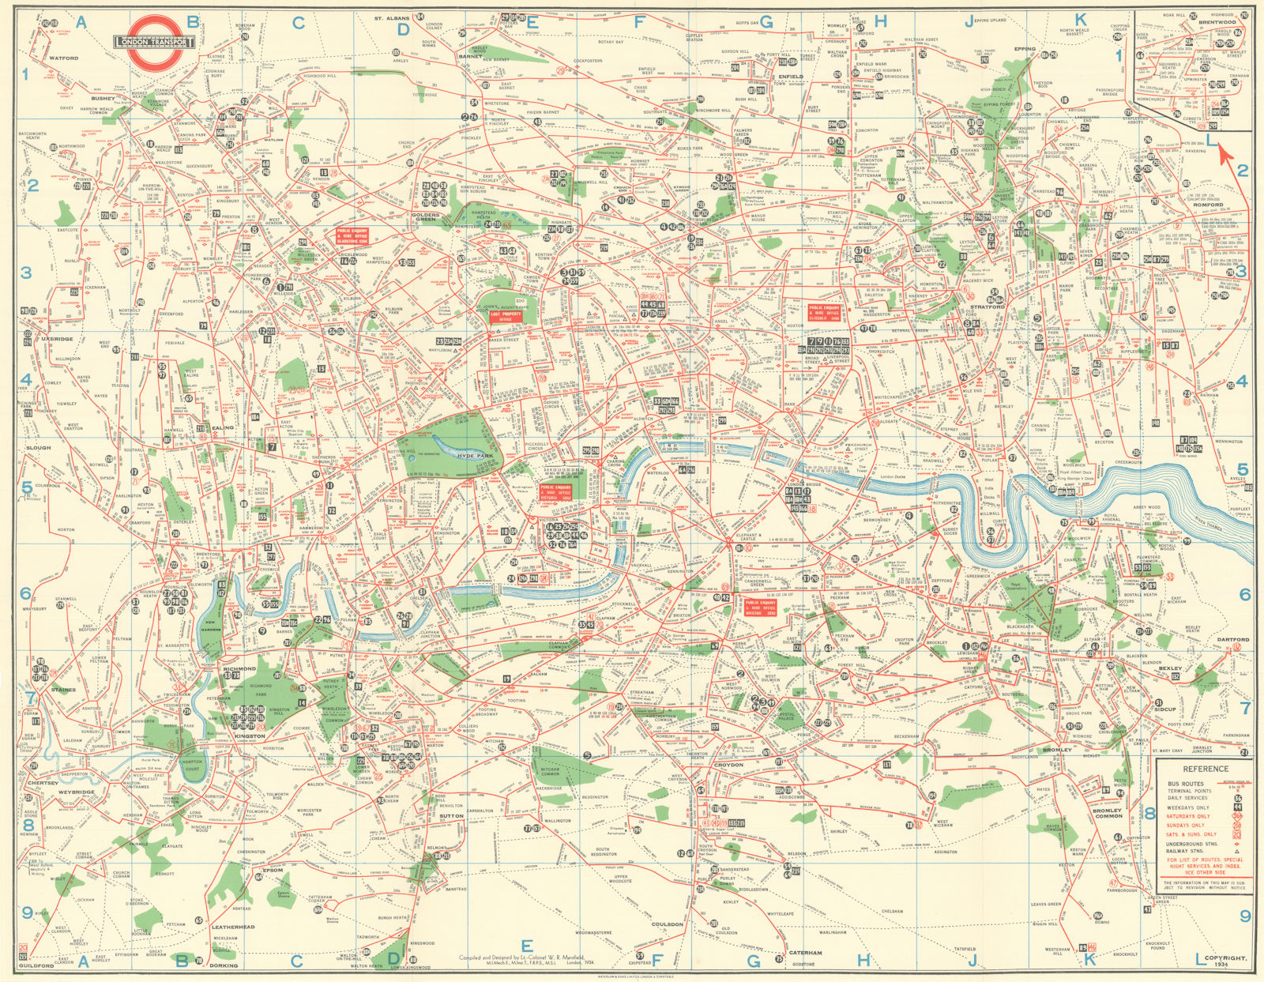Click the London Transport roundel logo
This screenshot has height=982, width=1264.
tap(155, 42)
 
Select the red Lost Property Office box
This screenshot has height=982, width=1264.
tap(506, 314)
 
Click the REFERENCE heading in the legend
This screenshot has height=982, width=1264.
tap(1205, 769)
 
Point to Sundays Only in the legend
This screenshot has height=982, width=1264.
tap(1187, 826)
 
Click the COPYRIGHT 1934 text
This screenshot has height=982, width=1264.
tap(1228, 961)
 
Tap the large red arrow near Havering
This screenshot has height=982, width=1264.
tap(1225, 151)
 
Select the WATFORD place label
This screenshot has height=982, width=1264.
tap(64, 58)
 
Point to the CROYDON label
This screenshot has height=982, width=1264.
tap(728, 765)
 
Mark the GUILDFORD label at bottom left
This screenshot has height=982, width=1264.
tap(36, 965)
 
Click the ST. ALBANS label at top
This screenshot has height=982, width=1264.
tap(389, 17)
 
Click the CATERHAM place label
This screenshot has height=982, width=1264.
tap(807, 953)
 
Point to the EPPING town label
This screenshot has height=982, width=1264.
tap(1025, 49)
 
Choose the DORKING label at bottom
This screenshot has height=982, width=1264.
tap(224, 965)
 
